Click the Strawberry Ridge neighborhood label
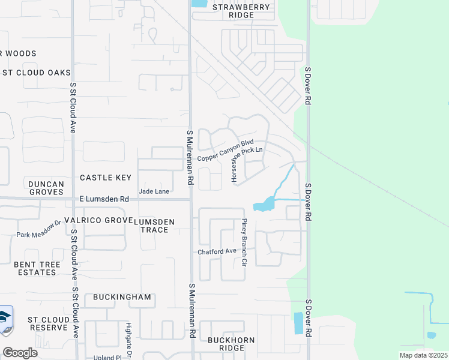pos(237,11)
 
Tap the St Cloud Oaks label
pos(36,73)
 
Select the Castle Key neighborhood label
pos(105,178)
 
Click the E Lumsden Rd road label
pos(104,199)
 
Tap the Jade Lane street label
pos(154,191)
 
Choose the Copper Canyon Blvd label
pos(226,150)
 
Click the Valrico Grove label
pos(96,220)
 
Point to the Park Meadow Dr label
pos(39,228)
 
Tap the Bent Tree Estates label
pos(35,268)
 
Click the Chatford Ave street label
pos(217,251)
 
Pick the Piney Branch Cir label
pos(244,242)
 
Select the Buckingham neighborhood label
pos(122,297)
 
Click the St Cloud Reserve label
pos(47,323)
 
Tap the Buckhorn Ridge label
pos(231,344)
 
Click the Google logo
pos(20,352)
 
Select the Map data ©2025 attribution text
pos(423,355)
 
